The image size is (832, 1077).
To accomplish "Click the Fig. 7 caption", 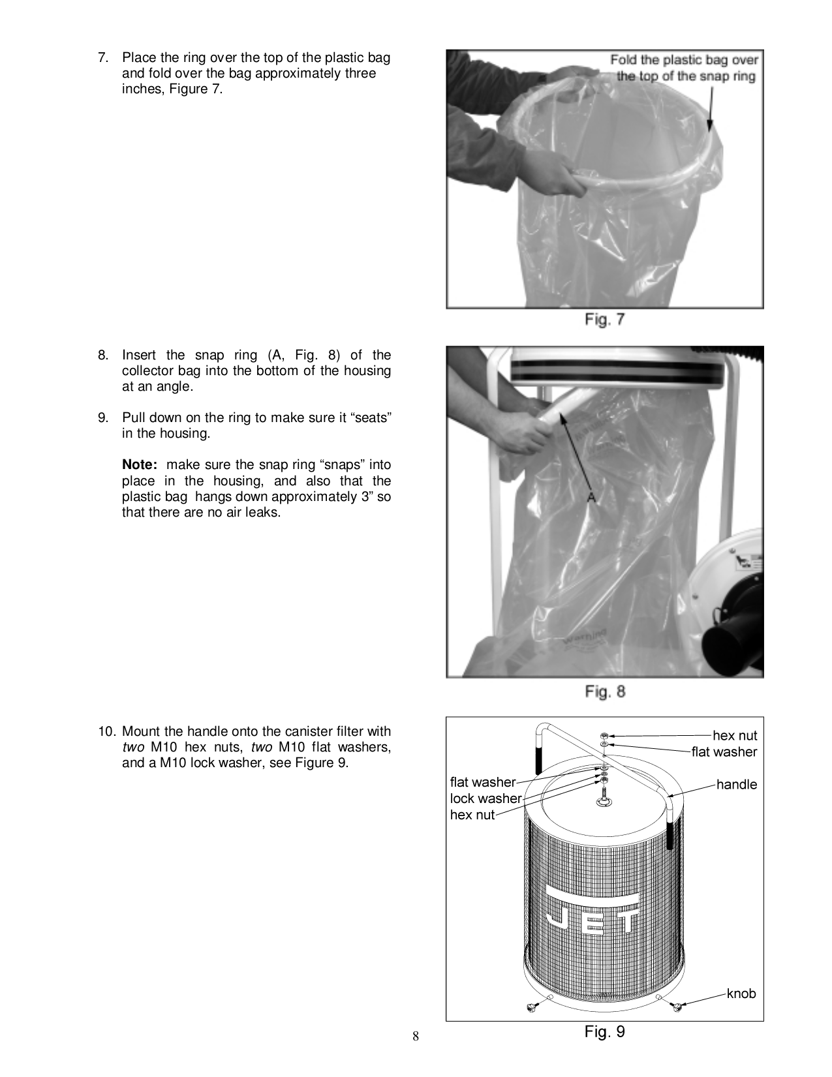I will tap(604, 320).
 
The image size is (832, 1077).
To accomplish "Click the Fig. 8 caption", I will tap(605, 691).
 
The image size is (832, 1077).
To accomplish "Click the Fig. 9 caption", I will tap(604, 1031).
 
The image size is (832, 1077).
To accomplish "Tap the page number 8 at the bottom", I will tap(415, 1037).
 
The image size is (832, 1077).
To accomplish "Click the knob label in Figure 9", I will tap(741, 994).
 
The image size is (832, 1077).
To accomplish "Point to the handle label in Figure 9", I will tap(737, 785).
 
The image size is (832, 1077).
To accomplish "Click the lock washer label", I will tap(485, 798).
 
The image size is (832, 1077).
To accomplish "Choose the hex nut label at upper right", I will tap(735, 736).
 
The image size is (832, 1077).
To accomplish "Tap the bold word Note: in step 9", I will tap(140, 465).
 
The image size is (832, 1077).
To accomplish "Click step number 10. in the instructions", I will tap(107, 731).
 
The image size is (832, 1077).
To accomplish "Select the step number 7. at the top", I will tap(103, 57).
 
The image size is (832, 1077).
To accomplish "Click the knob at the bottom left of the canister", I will tap(531, 1009).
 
